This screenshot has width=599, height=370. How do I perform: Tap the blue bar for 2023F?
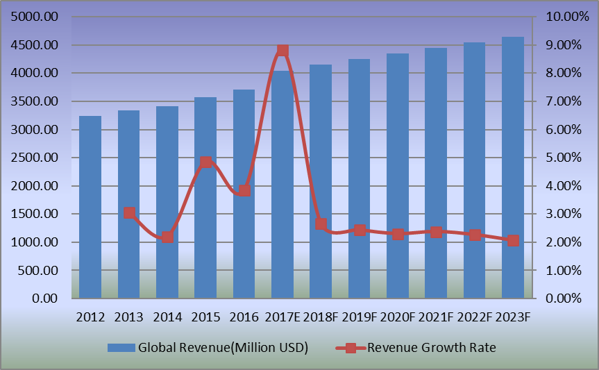513,167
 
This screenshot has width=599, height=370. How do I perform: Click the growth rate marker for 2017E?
282,50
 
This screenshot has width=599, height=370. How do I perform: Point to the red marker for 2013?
129,213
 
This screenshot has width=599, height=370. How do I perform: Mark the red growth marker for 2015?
205,162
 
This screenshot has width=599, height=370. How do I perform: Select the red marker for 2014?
167,237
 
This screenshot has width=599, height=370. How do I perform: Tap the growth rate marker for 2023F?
513,240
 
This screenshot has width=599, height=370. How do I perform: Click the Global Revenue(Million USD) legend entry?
208,347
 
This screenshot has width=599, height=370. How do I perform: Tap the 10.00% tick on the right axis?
559,17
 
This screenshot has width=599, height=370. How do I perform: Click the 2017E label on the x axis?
282,317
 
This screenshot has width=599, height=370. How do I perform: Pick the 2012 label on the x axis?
90,317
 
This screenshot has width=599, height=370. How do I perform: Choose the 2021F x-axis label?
436,317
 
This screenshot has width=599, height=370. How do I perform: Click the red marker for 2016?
244,190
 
